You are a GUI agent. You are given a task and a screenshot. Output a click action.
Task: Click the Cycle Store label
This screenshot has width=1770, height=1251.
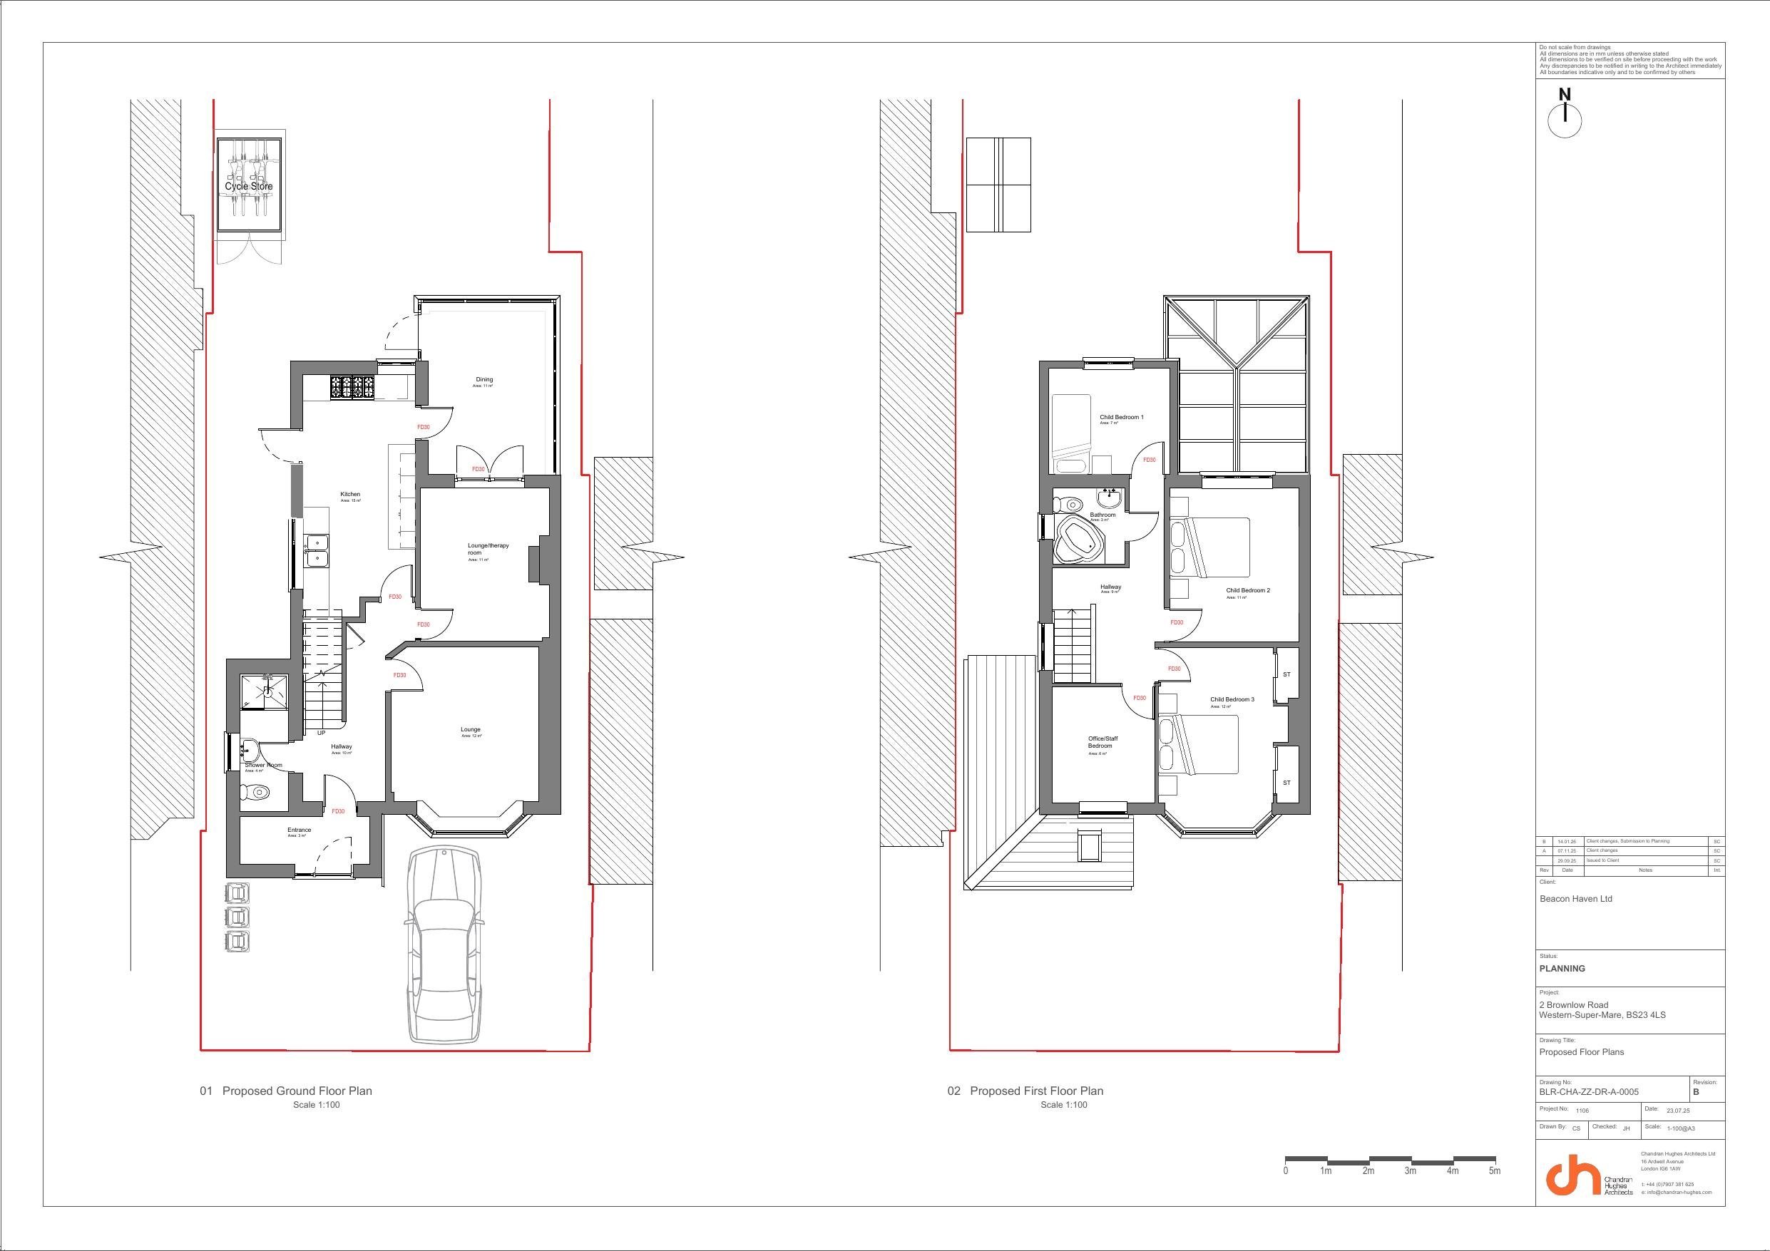tap(248, 187)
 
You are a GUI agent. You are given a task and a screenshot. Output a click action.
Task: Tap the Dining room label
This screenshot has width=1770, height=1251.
tap(484, 380)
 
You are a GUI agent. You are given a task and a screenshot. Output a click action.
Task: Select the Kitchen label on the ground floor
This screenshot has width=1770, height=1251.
tap(351, 495)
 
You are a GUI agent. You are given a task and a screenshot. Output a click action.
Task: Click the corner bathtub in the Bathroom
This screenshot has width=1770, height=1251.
tap(1079, 540)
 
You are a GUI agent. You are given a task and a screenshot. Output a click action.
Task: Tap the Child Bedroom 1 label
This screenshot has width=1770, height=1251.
tap(1121, 418)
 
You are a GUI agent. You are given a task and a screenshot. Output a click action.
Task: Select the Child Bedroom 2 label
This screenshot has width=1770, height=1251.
tap(1247, 591)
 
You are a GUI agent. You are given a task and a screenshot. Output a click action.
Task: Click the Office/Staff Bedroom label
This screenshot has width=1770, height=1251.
tap(1103, 742)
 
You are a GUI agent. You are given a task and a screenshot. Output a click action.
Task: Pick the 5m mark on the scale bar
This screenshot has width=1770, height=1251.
tap(1494, 1171)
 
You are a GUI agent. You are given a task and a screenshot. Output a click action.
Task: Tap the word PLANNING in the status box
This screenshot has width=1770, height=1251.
tap(1562, 969)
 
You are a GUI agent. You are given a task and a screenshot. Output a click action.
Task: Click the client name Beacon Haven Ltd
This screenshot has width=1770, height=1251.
tap(1575, 899)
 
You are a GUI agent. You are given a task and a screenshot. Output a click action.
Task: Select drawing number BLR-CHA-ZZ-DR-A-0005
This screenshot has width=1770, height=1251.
tap(1589, 1091)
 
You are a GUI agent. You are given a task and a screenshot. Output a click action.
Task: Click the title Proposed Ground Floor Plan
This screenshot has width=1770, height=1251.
tap(297, 1091)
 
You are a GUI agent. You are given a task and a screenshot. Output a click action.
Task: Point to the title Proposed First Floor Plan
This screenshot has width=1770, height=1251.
tap(1036, 1091)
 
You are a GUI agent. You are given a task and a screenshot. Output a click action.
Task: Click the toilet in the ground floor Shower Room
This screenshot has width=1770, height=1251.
tap(256, 792)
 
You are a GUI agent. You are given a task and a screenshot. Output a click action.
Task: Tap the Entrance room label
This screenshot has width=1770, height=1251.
tap(299, 830)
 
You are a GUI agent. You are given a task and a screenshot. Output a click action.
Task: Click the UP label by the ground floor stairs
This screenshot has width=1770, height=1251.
tap(322, 733)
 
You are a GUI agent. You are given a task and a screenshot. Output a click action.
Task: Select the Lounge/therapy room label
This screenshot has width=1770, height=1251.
tap(488, 549)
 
